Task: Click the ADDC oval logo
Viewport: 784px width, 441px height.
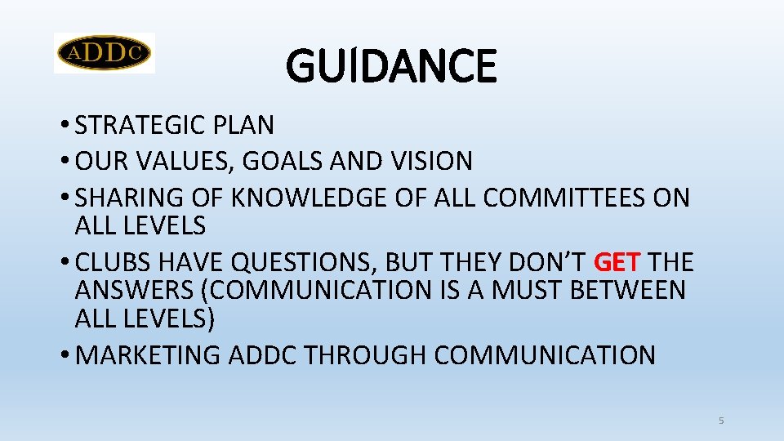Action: click(x=105, y=53)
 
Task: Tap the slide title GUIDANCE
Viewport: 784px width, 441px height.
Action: click(x=391, y=66)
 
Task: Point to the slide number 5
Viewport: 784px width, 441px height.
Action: click(x=721, y=421)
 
